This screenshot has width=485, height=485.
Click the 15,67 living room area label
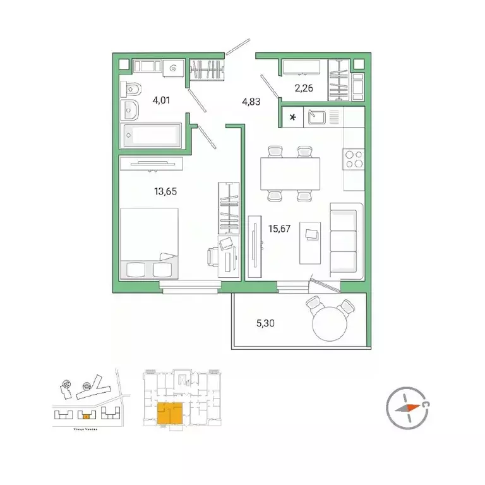click(280, 229)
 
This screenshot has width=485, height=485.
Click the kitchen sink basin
click(317, 117)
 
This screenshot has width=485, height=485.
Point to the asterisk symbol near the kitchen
click(292, 117)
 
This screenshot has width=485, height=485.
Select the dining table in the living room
click(290, 171)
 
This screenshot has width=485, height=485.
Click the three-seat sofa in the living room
click(345, 239)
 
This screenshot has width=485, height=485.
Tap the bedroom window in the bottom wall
click(190, 288)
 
